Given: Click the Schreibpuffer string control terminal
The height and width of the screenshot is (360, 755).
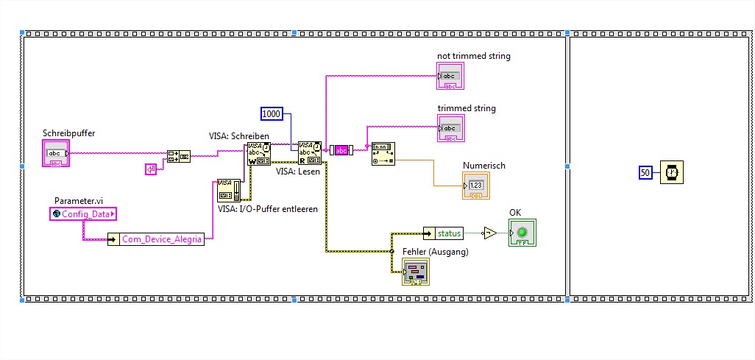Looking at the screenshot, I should (56, 154).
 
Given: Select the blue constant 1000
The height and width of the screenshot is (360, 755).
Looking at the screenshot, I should (272, 113).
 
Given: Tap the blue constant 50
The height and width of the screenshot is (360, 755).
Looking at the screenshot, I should (645, 172).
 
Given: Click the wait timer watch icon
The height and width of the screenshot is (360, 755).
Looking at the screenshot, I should (671, 172).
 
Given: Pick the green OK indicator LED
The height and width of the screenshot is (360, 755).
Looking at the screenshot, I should (522, 233).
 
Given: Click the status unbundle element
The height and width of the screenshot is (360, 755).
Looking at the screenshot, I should (448, 233).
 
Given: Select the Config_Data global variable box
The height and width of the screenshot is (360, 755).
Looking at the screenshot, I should (83, 213).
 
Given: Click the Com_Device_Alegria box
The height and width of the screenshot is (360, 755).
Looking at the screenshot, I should (155, 239).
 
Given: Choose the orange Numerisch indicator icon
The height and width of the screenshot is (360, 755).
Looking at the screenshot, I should (475, 185).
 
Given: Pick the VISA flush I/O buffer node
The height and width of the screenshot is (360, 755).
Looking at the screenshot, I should (229, 190).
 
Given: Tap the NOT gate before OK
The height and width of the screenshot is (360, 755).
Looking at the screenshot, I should (489, 233).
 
